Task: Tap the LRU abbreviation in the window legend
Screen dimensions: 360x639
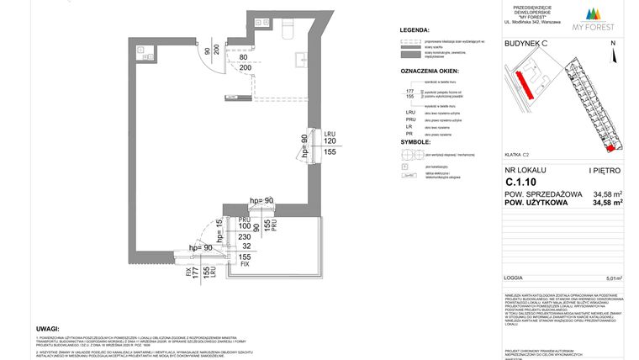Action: tap(411, 113)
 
